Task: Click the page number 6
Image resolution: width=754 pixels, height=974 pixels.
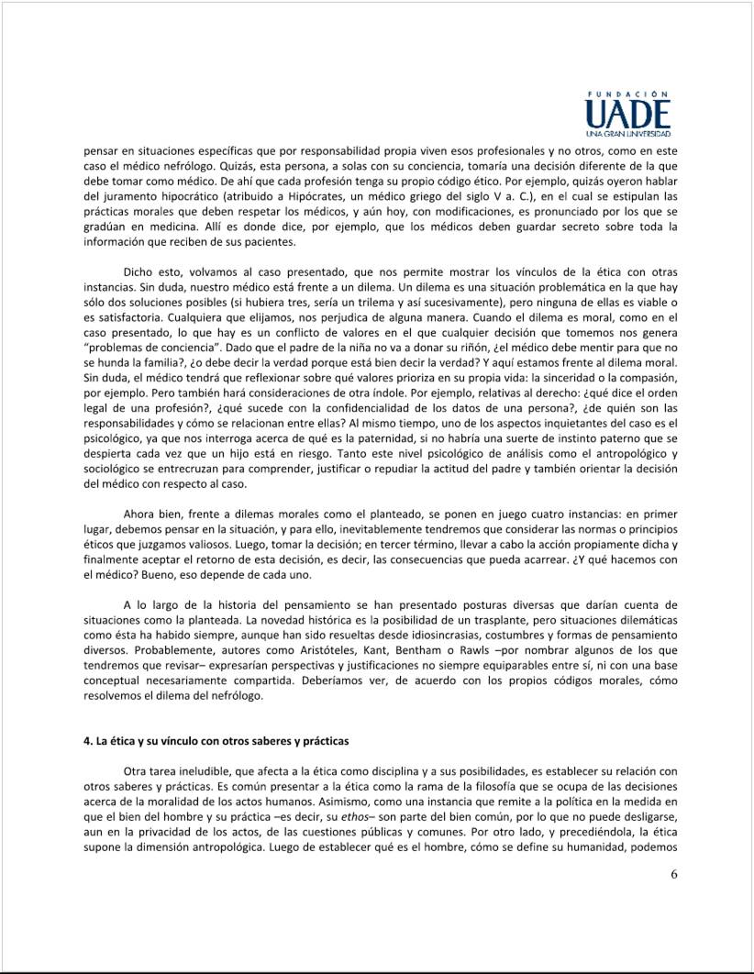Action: tap(673, 873)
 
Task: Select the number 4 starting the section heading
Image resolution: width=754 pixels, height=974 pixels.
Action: tap(86, 740)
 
